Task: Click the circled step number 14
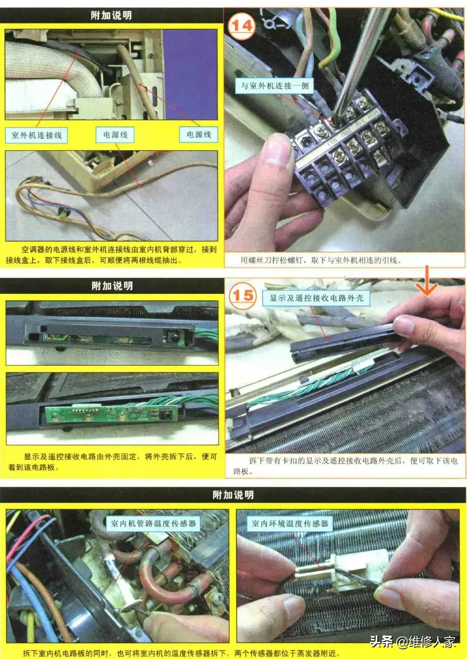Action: coord(241,26)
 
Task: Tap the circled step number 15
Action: coord(243,295)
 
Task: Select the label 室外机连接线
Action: coord(36,135)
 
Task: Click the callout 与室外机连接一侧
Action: coord(274,86)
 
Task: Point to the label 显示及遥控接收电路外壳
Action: coord(316,298)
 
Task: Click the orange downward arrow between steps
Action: coord(427,281)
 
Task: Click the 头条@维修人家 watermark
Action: coord(412,641)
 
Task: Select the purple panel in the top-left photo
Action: coord(190,74)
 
